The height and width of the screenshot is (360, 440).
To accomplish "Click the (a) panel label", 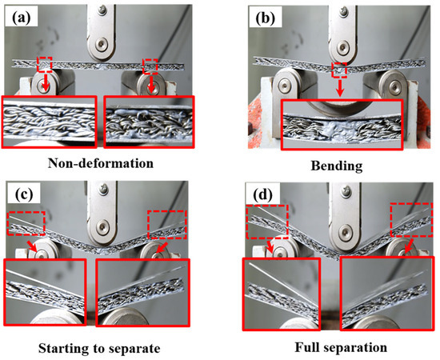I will tap(22, 15).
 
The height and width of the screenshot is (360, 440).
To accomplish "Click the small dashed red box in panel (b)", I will tap(341, 73).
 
